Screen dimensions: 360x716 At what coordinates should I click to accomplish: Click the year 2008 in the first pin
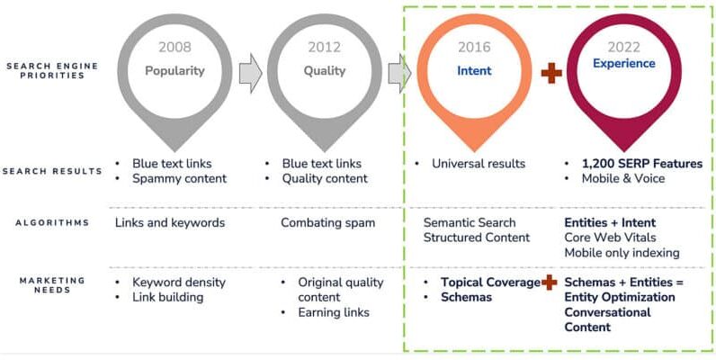(175, 48)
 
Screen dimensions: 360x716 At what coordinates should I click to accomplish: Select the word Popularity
(175, 70)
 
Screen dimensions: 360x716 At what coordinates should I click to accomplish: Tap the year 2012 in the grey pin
(324, 48)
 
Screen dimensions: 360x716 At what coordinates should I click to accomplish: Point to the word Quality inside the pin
(324, 70)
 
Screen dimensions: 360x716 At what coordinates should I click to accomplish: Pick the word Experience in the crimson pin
(623, 64)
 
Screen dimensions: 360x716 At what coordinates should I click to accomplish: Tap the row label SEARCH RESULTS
(52, 171)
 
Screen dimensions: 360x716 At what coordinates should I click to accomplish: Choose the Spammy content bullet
(179, 178)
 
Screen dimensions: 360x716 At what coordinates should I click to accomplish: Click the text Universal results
(479, 164)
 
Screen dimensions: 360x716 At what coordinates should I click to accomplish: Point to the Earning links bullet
(337, 312)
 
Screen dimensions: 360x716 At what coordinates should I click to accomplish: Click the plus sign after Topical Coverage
(550, 282)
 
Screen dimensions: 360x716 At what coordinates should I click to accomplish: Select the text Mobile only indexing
(622, 253)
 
